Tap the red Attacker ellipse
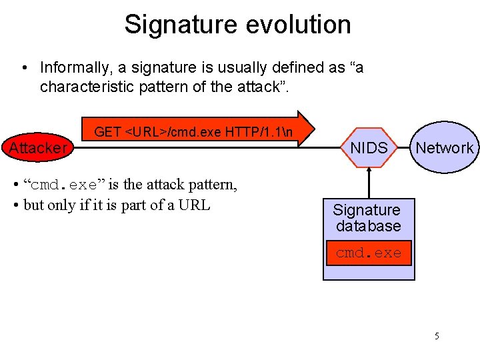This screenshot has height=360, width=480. pos(37,147)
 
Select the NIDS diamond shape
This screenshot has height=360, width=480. pos(369,148)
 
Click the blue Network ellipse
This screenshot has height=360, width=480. pos(444,148)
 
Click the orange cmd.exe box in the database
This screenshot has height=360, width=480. pos(369,253)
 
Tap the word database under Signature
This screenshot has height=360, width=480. pos(369,227)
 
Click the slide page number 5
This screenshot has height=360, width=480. pos(437,336)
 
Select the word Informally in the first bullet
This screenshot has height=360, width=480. pos(73,68)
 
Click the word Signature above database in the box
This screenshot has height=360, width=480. pos(367,211)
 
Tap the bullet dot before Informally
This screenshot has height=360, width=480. pos(24,68)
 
